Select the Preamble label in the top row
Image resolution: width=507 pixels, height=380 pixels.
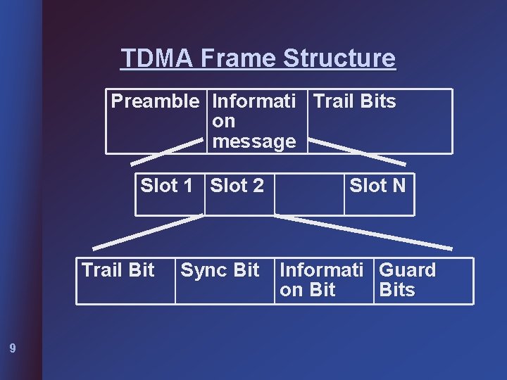click(x=155, y=101)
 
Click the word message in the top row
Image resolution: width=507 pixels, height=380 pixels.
click(x=254, y=141)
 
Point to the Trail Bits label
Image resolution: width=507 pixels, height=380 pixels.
click(x=354, y=101)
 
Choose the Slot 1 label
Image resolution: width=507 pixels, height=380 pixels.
click(x=166, y=186)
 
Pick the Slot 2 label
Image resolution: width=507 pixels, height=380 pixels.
click(x=237, y=186)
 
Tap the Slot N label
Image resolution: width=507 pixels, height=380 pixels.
click(x=377, y=186)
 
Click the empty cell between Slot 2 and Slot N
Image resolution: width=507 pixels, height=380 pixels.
click(x=308, y=193)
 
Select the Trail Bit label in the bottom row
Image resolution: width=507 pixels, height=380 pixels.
click(x=118, y=270)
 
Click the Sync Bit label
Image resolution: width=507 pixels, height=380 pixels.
click(x=220, y=270)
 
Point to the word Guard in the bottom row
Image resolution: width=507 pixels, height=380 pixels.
click(x=407, y=270)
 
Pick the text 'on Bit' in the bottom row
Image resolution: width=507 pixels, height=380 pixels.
click(x=307, y=290)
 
